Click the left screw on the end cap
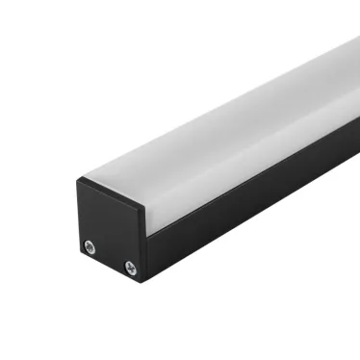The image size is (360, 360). [x=90, y=245]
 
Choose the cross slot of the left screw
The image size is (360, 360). [x=90, y=245]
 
